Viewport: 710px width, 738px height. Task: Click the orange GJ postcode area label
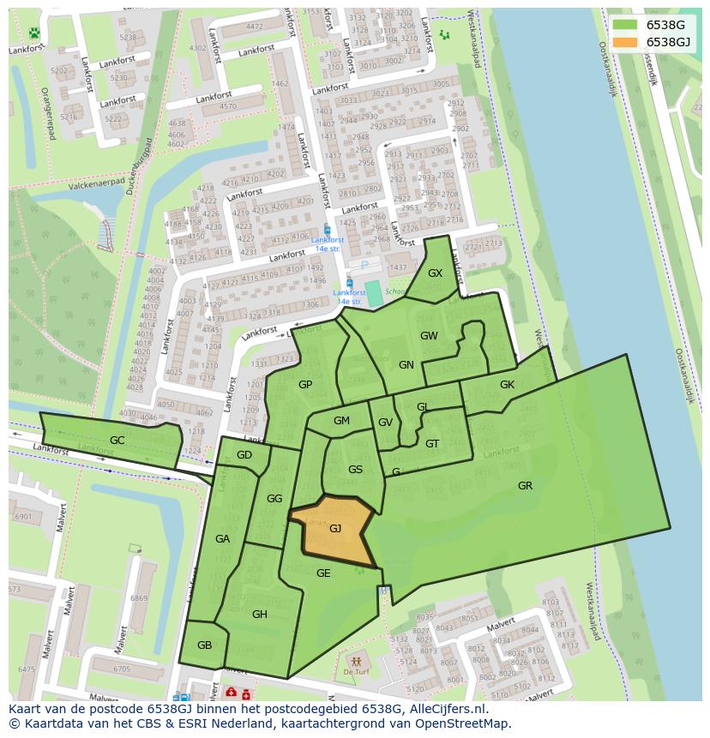335,529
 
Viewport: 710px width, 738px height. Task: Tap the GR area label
525,486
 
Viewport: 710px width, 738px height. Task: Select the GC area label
117,441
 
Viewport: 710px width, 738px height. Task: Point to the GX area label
435,273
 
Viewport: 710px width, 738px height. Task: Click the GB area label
204,645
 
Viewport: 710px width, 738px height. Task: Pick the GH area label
260,614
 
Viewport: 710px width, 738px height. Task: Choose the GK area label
507,385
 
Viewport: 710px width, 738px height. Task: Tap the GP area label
305,385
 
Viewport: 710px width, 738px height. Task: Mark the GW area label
429,336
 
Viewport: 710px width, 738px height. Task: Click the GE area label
323,573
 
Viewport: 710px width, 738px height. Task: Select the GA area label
222,539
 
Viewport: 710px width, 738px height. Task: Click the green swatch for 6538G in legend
625,25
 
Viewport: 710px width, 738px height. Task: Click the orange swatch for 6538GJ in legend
625,42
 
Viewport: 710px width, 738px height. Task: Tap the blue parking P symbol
364,266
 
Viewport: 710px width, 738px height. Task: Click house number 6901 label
23,517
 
